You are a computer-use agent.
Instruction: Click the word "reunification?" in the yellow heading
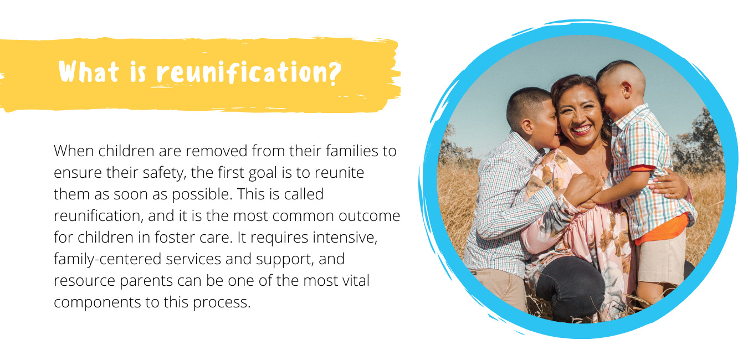[249, 72]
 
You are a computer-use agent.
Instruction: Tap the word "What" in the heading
[89, 71]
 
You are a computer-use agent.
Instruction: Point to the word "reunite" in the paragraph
[339, 172]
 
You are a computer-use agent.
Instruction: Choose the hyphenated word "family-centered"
[107, 259]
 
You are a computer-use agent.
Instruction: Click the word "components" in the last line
[97, 302]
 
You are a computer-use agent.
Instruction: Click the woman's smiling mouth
[581, 130]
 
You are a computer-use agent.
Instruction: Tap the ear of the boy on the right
[626, 89]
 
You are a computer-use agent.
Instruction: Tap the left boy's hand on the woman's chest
[582, 189]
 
